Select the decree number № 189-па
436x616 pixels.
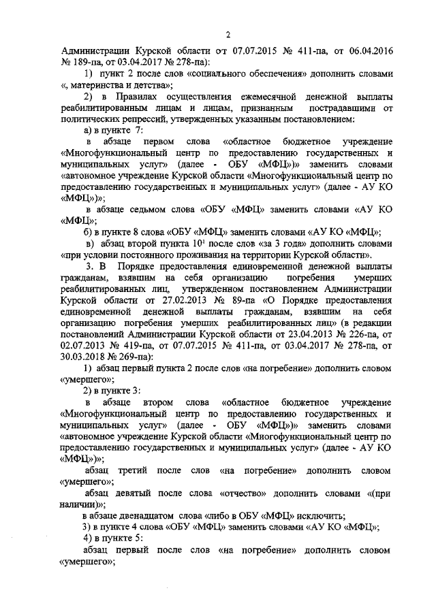click(79, 62)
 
